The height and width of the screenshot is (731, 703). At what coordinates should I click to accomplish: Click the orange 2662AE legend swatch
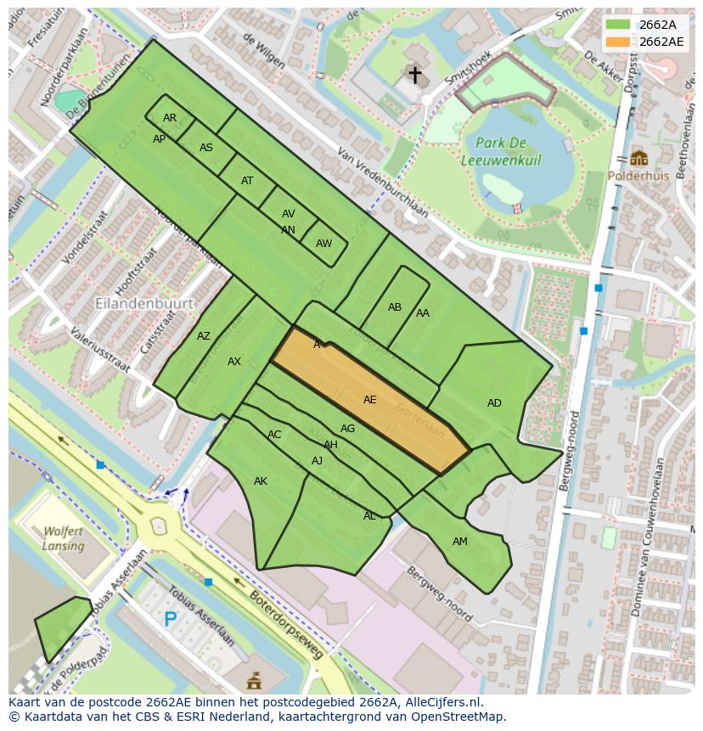[618, 42]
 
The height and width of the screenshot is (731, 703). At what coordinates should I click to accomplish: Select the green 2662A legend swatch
[618, 25]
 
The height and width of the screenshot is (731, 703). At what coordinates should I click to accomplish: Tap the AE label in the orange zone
[369, 400]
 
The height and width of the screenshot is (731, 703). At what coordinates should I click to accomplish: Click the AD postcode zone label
[494, 403]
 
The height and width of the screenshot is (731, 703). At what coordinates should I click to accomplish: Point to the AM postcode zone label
[459, 542]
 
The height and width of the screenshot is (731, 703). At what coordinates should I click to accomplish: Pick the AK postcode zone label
[261, 481]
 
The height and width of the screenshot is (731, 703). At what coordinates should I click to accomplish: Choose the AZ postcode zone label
[204, 336]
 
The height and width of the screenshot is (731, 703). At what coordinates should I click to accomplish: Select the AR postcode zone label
[170, 118]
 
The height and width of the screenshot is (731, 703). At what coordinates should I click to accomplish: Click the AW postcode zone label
[323, 244]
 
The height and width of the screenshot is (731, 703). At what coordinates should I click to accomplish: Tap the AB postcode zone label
[395, 307]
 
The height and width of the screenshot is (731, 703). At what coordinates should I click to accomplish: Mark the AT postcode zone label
[247, 181]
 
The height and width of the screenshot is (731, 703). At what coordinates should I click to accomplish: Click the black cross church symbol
[414, 76]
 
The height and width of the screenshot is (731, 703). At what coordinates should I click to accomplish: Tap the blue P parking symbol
[171, 620]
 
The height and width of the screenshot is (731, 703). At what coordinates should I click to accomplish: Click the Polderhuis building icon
[638, 158]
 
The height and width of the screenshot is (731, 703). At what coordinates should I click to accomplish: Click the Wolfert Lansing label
[64, 539]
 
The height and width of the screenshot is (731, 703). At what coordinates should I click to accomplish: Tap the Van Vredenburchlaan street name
[383, 183]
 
